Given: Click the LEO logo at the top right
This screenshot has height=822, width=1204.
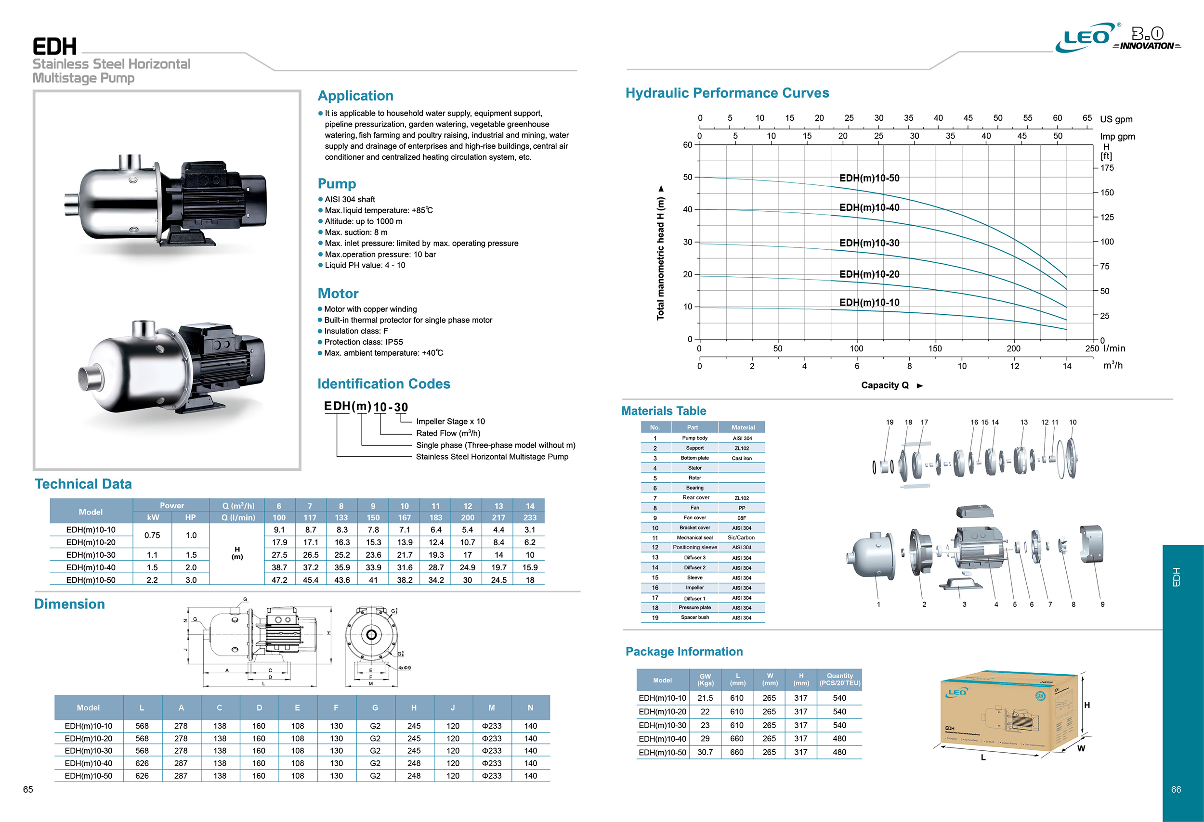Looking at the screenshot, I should pyautogui.click(x=1086, y=37).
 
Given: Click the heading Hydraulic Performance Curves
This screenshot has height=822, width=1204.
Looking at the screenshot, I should pyautogui.click(x=727, y=93).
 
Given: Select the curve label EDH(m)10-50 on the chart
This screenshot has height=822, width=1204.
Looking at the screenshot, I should pyautogui.click(x=869, y=178).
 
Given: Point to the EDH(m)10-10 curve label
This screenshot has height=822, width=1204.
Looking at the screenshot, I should pyautogui.click(x=869, y=302).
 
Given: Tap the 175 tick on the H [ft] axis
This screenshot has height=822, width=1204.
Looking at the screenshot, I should pyautogui.click(x=1107, y=167).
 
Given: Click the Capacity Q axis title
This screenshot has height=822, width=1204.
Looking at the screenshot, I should pyautogui.click(x=884, y=385).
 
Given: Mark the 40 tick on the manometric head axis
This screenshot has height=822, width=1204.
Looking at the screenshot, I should pyautogui.click(x=687, y=210).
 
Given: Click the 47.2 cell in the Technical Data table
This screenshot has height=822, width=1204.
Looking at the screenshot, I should pyautogui.click(x=279, y=580).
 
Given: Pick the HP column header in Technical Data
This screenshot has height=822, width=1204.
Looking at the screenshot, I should pyautogui.click(x=190, y=517).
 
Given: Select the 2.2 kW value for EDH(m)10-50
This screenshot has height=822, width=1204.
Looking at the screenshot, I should pyautogui.click(x=152, y=580).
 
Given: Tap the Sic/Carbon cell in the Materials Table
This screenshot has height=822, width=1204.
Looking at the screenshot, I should pyautogui.click(x=741, y=537).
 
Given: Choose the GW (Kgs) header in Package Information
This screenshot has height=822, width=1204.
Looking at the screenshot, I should pyautogui.click(x=705, y=679).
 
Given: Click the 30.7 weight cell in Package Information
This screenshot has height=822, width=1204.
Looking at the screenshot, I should pyautogui.click(x=705, y=752).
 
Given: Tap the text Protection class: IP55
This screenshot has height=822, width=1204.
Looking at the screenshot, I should pyautogui.click(x=363, y=342).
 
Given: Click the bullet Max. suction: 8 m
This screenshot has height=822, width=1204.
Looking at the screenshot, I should pyautogui.click(x=355, y=232).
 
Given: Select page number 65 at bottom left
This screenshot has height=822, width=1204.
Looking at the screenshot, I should pyautogui.click(x=28, y=789).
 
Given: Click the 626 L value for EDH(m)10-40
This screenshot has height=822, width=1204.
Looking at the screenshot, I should pyautogui.click(x=142, y=763).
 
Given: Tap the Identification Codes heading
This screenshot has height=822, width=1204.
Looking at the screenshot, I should pyautogui.click(x=383, y=384).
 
